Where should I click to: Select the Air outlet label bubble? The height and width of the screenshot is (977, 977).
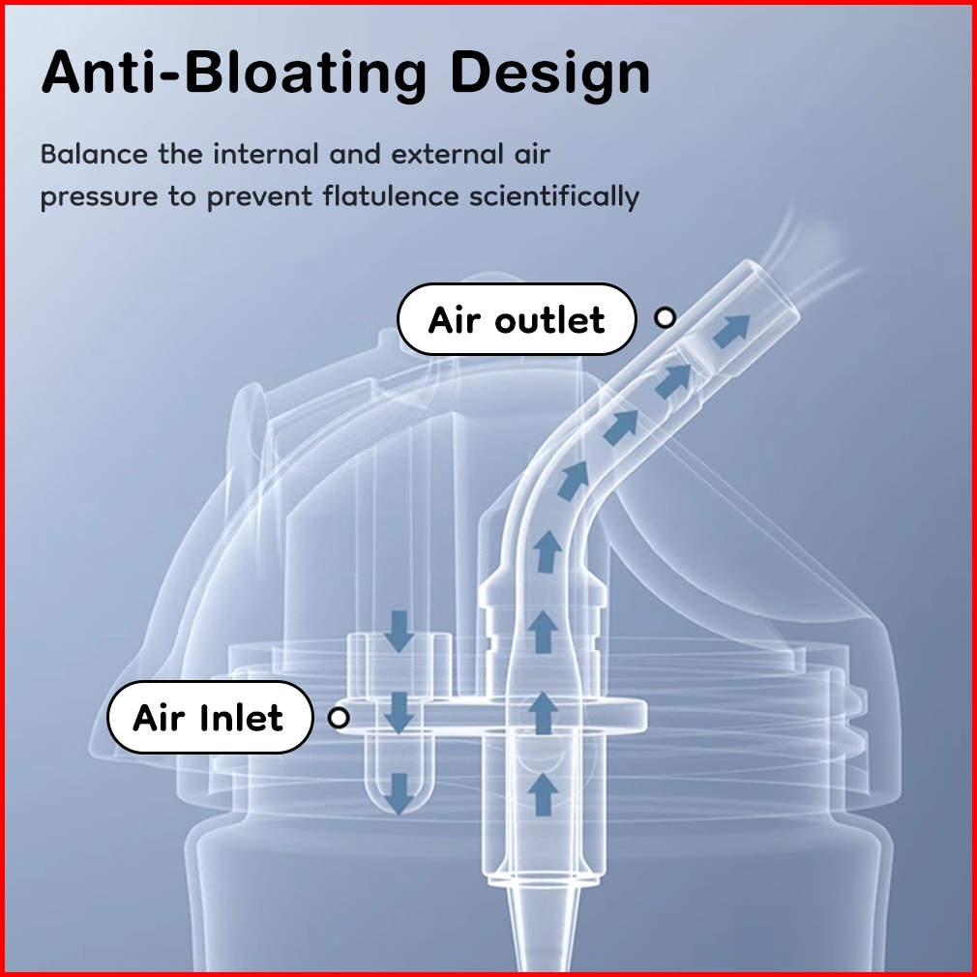click(517, 319)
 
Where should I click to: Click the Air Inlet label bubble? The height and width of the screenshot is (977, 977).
click(209, 718)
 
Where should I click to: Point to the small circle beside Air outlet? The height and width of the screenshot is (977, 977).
click(665, 317)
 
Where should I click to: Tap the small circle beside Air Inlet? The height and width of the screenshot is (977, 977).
click(338, 718)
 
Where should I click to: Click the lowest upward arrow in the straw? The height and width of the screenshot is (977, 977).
click(545, 792)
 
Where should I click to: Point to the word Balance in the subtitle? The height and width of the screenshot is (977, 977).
click(94, 154)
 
